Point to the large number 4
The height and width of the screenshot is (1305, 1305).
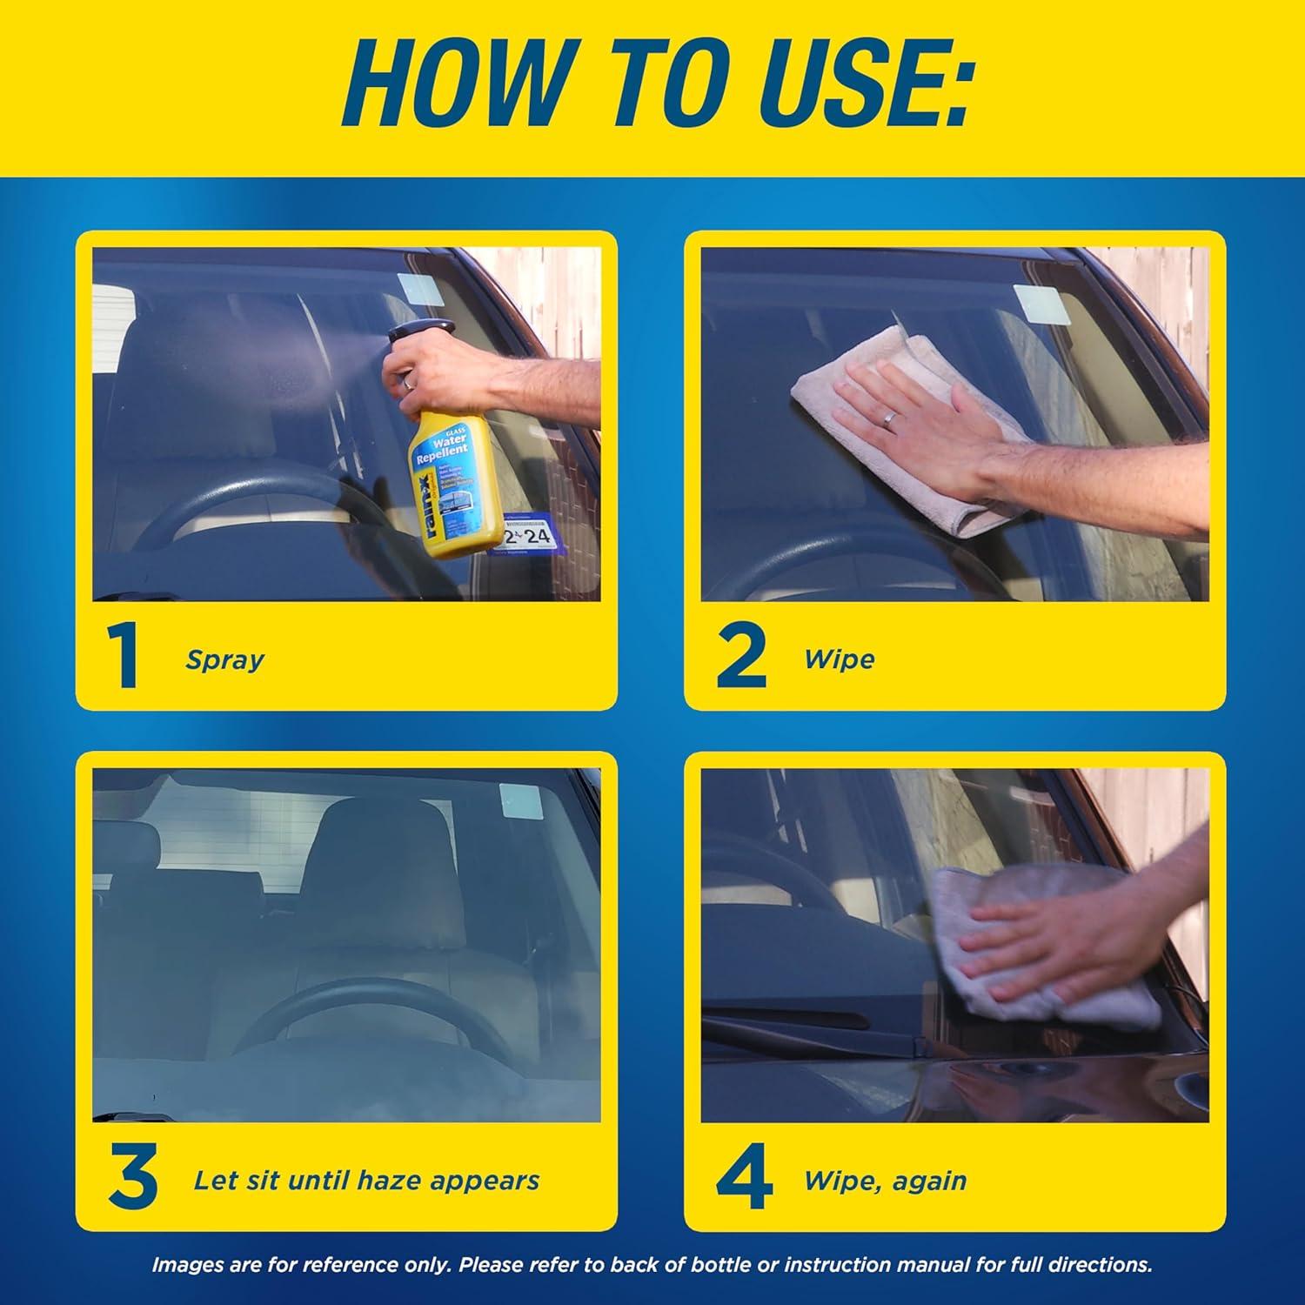744,1180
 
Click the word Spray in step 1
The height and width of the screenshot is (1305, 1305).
224,659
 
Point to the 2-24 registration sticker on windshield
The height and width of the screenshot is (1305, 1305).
527,535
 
